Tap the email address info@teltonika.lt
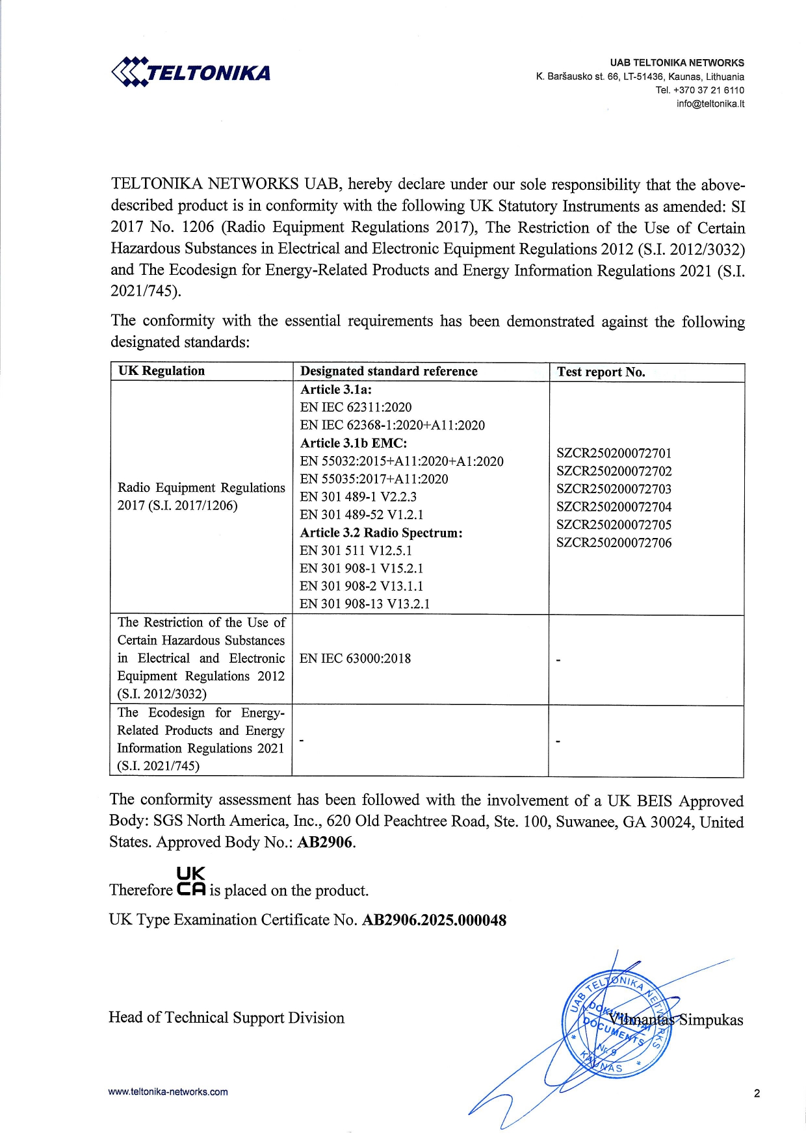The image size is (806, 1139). click(710, 104)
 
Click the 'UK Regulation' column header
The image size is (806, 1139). click(161, 371)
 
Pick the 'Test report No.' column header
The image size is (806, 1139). click(601, 372)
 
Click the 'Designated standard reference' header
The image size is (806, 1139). click(389, 372)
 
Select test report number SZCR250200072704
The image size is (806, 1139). click(614, 507)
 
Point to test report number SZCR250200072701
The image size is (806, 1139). click(614, 454)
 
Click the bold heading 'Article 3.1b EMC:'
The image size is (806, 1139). click(354, 443)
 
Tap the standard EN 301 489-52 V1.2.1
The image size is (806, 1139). click(361, 515)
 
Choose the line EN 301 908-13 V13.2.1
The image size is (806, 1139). click(365, 604)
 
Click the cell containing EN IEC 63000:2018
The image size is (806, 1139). click(355, 659)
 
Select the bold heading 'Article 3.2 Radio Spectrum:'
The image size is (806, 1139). click(382, 533)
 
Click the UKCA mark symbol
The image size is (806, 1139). click(191, 882)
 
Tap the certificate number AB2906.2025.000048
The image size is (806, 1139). click(434, 921)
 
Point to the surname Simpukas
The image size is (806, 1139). click(710, 1020)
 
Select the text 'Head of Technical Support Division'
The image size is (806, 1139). click(226, 1017)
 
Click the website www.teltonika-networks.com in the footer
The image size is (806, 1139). click(168, 1092)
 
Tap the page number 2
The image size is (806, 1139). click(757, 1094)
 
